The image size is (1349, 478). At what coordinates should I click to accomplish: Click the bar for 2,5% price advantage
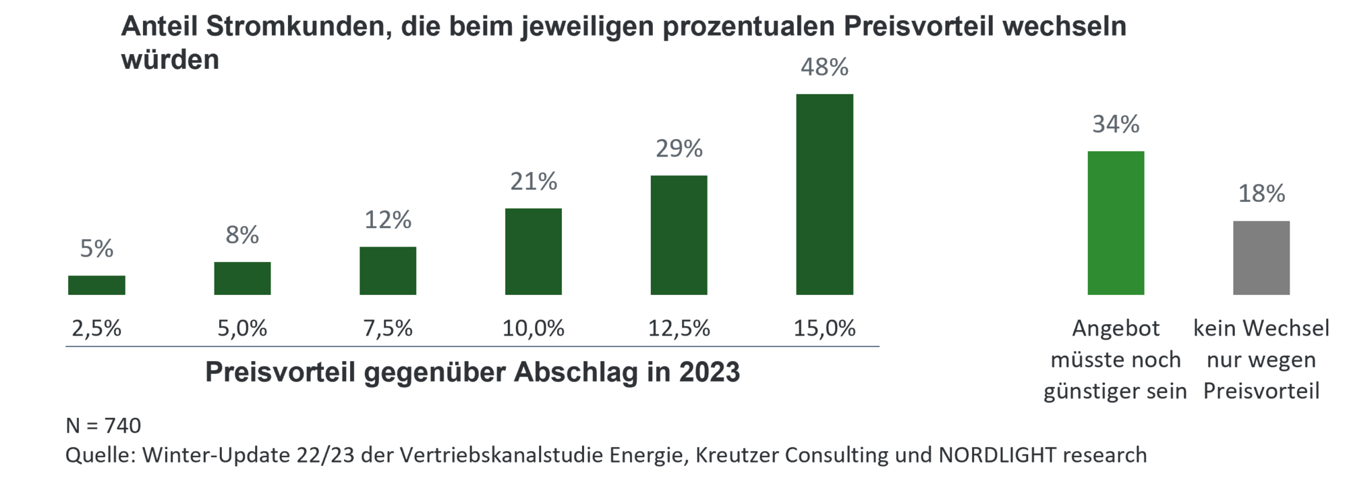click(x=96, y=285)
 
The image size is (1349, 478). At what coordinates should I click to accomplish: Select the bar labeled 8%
click(x=242, y=278)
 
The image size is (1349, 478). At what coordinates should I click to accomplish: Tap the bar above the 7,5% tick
click(x=388, y=271)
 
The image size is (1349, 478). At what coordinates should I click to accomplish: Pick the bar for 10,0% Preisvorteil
click(x=534, y=251)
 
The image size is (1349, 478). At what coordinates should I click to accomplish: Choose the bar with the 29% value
click(x=679, y=235)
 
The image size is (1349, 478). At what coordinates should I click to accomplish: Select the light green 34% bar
click(x=1116, y=223)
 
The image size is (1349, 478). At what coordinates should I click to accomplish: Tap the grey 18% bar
click(x=1261, y=257)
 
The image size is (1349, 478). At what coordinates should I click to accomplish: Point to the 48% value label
click(x=824, y=68)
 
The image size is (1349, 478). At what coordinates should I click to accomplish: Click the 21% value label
click(x=534, y=182)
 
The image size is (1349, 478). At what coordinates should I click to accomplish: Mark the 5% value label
click(x=96, y=249)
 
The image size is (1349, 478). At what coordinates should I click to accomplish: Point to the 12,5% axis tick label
click(x=679, y=329)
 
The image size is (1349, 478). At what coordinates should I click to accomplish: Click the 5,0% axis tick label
click(x=242, y=329)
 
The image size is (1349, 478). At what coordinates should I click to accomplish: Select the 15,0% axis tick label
click(x=824, y=329)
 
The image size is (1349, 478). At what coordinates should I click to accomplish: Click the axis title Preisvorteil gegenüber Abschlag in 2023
click(x=472, y=372)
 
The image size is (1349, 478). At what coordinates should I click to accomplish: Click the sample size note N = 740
click(x=103, y=426)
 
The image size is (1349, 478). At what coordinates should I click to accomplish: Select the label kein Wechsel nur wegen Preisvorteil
click(x=1261, y=360)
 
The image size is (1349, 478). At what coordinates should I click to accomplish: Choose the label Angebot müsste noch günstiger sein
click(x=1115, y=360)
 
